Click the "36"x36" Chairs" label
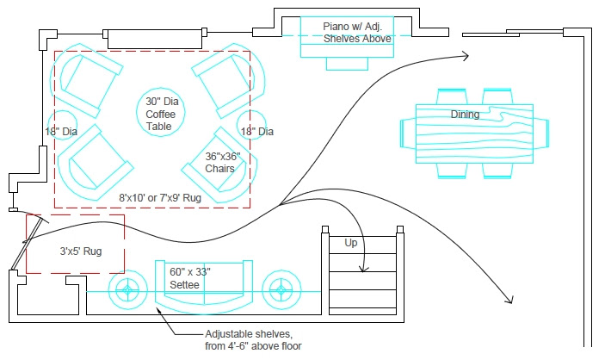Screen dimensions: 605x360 tap(223, 163)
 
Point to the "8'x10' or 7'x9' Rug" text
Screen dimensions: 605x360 tap(160, 198)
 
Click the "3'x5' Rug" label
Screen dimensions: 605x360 tap(81, 251)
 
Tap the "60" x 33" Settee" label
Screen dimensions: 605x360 tap(190, 278)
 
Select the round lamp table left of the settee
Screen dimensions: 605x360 tap(127, 271)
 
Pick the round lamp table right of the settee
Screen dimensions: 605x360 tap(281, 271)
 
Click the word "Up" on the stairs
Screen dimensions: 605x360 tap(351, 243)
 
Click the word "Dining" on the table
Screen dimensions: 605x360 tap(465, 115)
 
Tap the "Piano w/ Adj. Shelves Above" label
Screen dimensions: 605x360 tap(357, 33)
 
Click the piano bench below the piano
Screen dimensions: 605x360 tap(347, 64)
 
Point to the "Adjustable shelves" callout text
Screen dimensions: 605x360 tap(253, 340)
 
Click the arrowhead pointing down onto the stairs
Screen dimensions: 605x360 tap(363, 269)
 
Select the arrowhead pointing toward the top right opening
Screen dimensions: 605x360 tap(466, 56)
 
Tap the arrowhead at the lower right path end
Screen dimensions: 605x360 tap(510, 300)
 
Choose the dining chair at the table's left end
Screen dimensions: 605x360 tap(408, 133)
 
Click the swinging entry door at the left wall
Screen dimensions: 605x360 tap(26, 243)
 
